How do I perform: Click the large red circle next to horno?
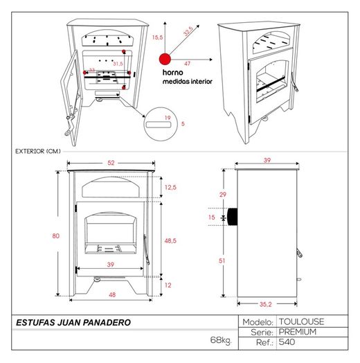point(165,59)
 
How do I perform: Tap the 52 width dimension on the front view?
point(111,163)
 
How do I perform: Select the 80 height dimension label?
point(56,236)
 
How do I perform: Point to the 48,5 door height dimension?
point(170,241)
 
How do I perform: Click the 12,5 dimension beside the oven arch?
point(170,187)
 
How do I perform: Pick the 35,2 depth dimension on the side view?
point(265,304)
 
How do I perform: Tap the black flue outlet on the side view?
point(233,217)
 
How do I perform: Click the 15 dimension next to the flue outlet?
point(212,217)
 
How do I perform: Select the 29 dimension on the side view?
point(223,195)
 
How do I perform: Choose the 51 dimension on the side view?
point(222,260)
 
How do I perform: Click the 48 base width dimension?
point(112,294)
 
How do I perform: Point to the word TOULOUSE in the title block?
point(301,321)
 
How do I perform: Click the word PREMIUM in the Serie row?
point(298,332)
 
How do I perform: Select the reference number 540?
point(287,342)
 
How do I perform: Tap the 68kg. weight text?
point(221,340)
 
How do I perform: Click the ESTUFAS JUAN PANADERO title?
point(73,323)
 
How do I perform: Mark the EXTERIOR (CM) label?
point(38,151)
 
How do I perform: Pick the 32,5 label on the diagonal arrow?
point(188,31)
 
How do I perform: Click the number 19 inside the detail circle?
point(168,118)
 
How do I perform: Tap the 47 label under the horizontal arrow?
point(188,64)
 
